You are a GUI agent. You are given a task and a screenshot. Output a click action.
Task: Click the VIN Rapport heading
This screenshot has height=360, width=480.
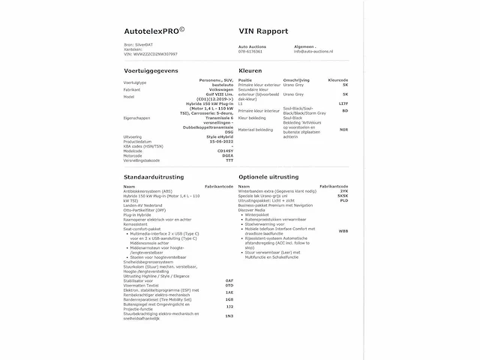(263, 32)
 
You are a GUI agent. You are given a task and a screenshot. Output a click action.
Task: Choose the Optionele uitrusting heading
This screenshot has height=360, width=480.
(268, 176)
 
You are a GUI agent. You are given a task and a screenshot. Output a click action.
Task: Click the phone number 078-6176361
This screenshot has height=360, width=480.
(250, 52)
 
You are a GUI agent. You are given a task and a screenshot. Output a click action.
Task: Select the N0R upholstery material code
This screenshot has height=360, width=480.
(343, 130)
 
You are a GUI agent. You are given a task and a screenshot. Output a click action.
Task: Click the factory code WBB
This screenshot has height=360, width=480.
(343, 231)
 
